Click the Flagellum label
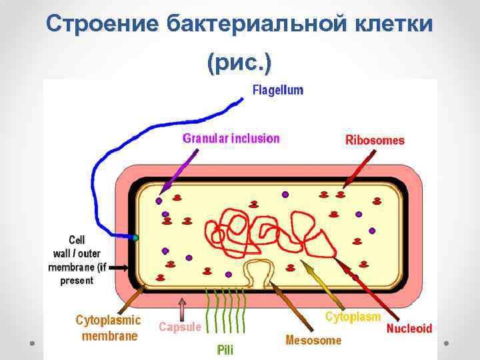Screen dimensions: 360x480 [x=277, y=90]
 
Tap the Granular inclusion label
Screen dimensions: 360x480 [x=231, y=139]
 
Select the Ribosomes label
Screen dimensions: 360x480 [x=375, y=140]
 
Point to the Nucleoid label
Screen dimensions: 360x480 [x=409, y=329]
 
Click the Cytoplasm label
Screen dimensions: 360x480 [x=353, y=317]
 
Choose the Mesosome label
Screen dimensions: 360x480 [x=313, y=340]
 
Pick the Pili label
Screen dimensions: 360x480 [x=225, y=349]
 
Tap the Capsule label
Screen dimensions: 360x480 [x=180, y=327]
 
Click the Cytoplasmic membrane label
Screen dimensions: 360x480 [x=109, y=327]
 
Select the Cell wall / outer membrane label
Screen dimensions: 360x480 [x=77, y=260]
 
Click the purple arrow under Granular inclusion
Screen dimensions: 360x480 [x=180, y=171]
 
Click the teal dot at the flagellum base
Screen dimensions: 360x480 [x=135, y=237]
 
